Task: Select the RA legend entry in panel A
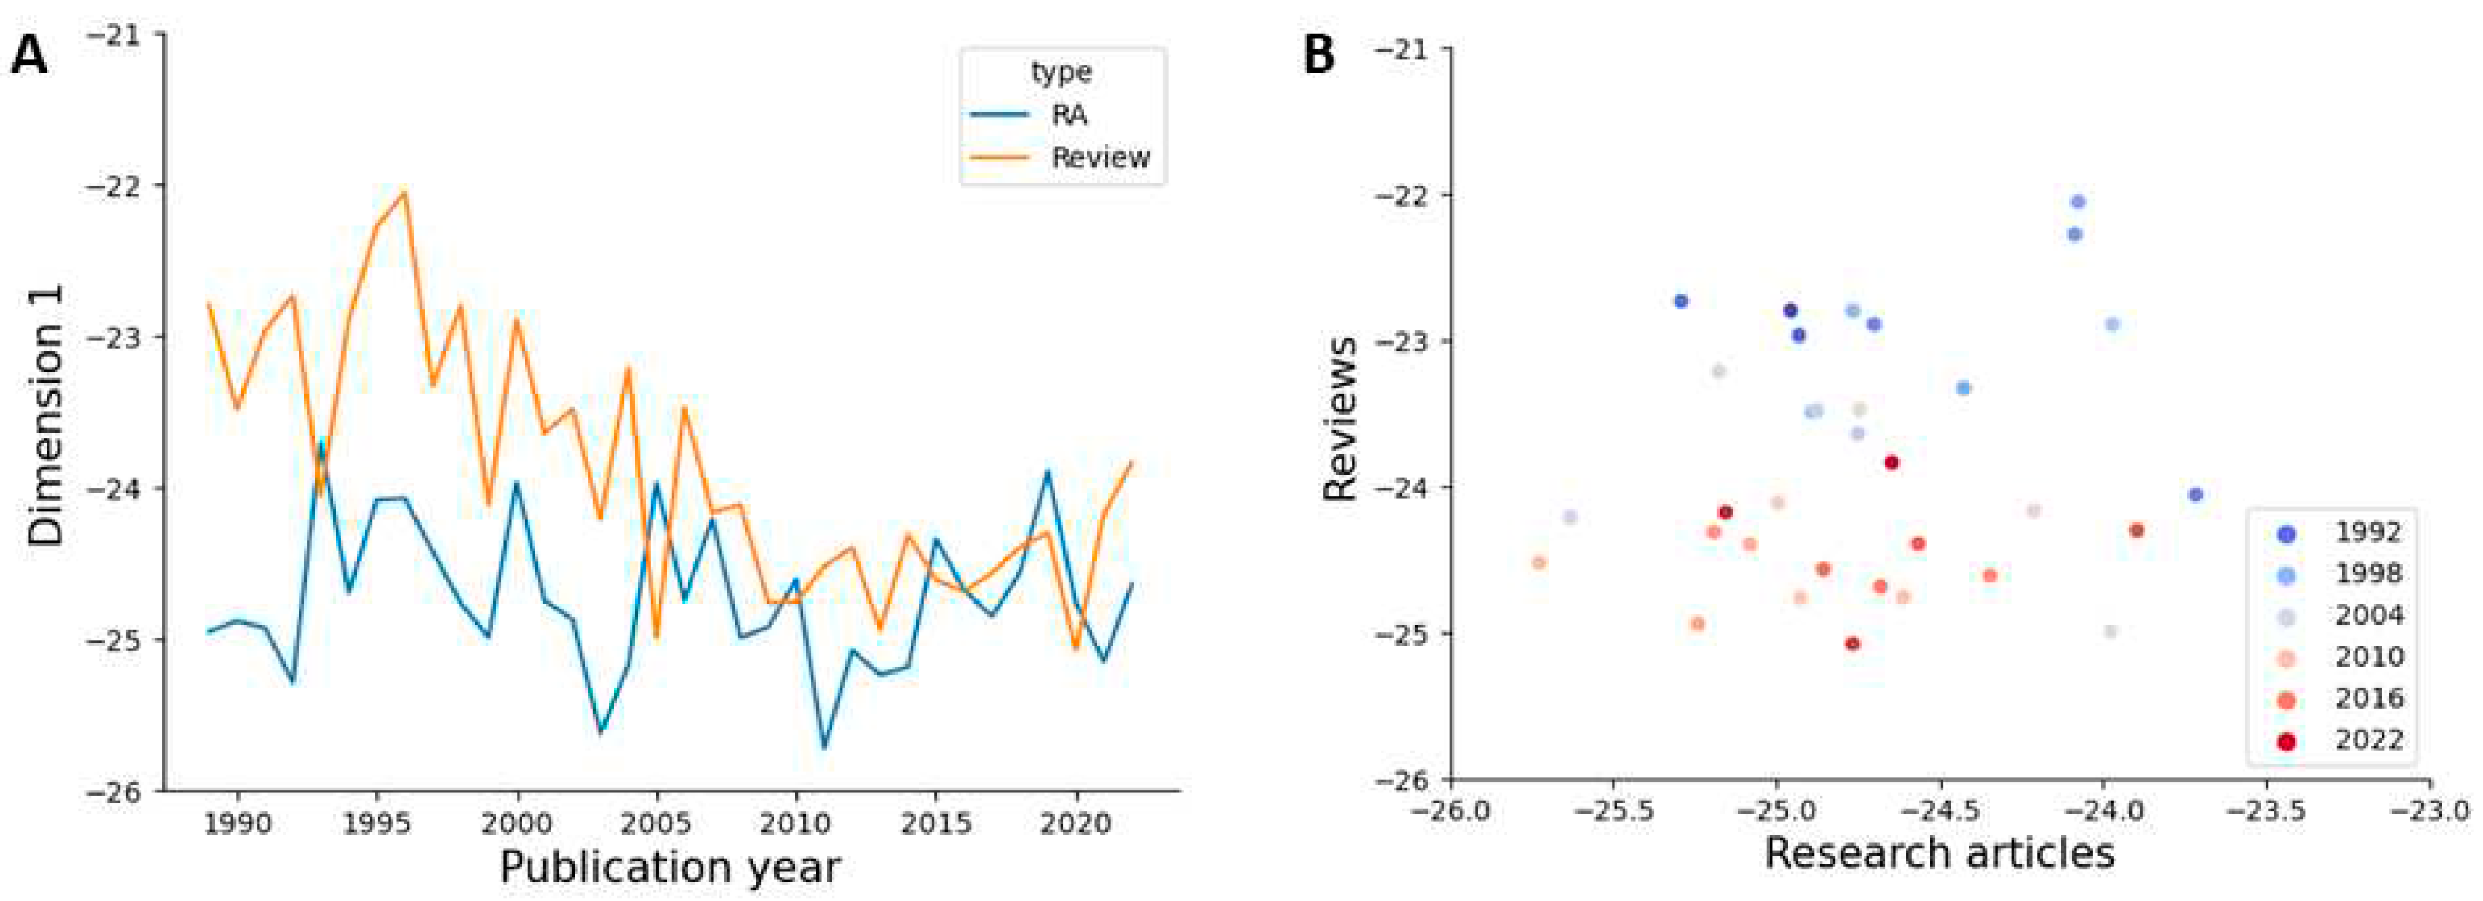point(1069,115)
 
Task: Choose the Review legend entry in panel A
point(1100,157)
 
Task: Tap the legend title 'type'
point(1062,73)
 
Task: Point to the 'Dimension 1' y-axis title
point(45,415)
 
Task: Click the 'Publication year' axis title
point(670,867)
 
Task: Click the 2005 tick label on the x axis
point(657,823)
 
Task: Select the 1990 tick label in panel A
point(237,823)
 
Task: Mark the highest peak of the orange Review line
point(405,192)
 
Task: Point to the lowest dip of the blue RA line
point(824,747)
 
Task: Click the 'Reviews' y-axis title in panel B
point(1339,418)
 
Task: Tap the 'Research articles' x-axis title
point(1940,853)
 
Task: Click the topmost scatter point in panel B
point(2078,201)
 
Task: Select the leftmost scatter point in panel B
point(1539,562)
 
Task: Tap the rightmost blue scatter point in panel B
point(2196,494)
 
